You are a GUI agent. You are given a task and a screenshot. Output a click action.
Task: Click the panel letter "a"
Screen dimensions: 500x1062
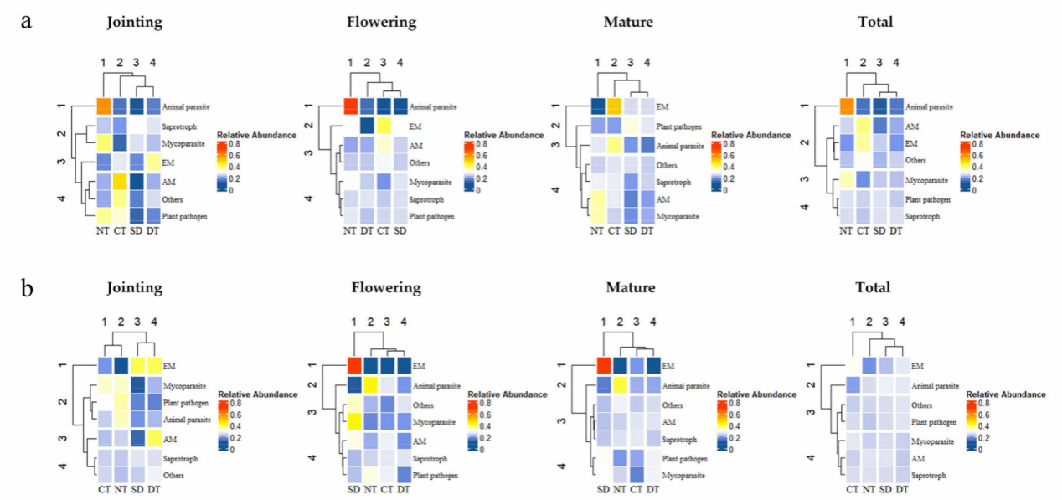click(26, 21)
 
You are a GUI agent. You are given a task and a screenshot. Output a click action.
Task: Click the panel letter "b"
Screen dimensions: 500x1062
click(26, 289)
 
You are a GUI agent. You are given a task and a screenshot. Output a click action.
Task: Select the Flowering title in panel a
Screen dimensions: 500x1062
click(381, 22)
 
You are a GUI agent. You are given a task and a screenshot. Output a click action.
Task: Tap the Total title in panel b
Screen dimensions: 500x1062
click(873, 287)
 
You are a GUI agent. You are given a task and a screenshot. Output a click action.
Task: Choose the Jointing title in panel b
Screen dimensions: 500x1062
click(134, 287)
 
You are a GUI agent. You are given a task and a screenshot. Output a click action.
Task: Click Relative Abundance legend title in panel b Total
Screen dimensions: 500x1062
click(1006, 394)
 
